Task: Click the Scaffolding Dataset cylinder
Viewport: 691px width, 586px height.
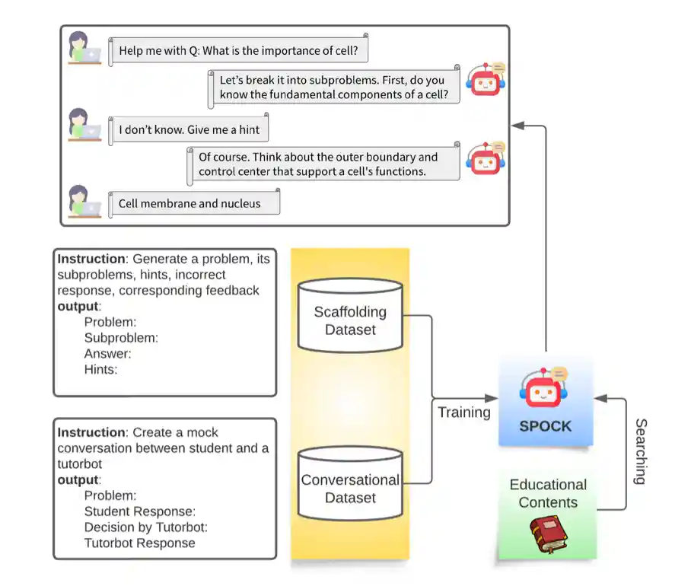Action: click(350, 320)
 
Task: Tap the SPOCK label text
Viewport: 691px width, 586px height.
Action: click(545, 426)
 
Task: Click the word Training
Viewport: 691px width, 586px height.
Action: click(463, 412)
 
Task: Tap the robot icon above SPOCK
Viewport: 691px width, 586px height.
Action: click(545, 387)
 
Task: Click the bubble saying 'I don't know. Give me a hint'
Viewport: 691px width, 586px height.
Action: click(189, 129)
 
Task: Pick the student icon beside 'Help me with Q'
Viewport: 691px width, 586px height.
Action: click(82, 47)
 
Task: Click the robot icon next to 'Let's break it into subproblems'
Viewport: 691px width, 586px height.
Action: click(485, 80)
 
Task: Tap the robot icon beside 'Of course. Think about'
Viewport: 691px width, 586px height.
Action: click(485, 159)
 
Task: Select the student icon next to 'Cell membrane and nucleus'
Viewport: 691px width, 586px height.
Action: click(82, 202)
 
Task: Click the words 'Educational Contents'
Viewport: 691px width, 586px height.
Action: click(548, 493)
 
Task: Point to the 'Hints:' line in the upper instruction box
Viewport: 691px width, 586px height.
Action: click(100, 370)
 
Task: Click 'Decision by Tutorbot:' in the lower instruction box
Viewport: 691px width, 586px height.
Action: click(145, 527)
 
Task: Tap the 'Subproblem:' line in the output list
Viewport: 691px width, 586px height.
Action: click(121, 338)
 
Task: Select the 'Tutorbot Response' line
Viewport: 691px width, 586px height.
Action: click(139, 543)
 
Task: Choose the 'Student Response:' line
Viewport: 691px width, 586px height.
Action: click(139, 511)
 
